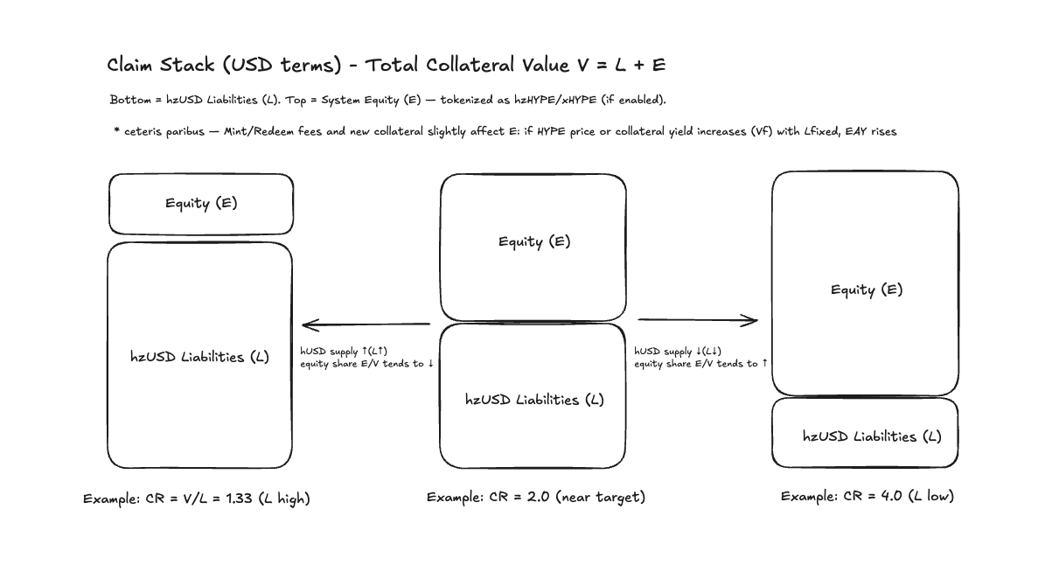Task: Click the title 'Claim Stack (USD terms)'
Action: pos(224,65)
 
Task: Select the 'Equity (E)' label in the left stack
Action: pos(201,203)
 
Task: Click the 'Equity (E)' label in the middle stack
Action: pos(533,241)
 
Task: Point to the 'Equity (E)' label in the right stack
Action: pos(866,289)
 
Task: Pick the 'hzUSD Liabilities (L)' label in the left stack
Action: pos(199,357)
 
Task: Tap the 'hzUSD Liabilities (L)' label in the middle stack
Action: pos(533,400)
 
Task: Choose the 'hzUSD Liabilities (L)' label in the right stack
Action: pos(872,436)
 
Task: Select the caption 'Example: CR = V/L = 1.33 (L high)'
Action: pos(197,499)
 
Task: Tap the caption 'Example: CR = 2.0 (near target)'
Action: pos(535,497)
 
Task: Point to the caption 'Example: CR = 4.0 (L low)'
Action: pos(867,496)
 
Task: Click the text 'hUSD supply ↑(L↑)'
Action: pos(344,351)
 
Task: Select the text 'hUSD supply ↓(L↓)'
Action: pos(678,351)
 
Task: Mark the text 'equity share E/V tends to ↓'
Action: pos(366,363)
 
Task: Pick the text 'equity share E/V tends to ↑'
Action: pos(700,363)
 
